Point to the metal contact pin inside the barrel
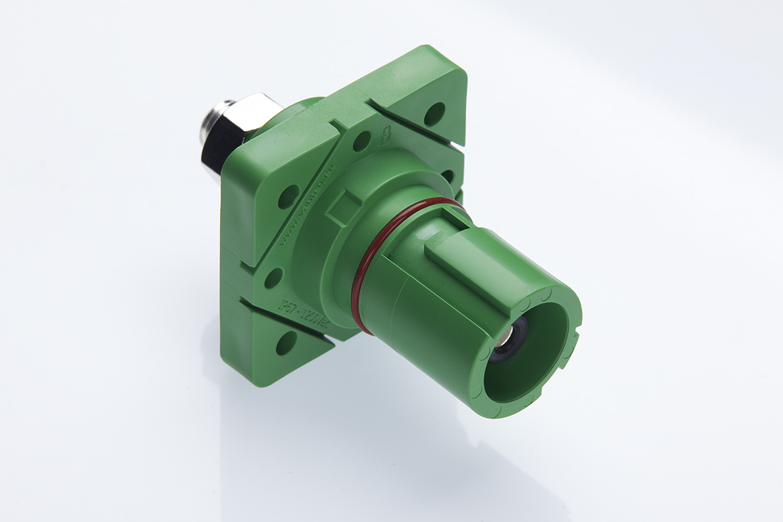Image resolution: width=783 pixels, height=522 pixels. point(506,337)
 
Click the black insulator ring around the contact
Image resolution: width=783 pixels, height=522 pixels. point(499,349)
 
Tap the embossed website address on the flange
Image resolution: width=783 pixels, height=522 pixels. point(307,209)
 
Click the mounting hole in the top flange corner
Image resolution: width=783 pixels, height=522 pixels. point(434,114)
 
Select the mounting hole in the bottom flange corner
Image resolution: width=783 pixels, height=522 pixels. point(286,343)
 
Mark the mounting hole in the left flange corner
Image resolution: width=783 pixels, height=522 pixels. point(288,196)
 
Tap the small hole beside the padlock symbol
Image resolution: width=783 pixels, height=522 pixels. point(361,141)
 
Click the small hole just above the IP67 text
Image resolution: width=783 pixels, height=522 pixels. point(273,277)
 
